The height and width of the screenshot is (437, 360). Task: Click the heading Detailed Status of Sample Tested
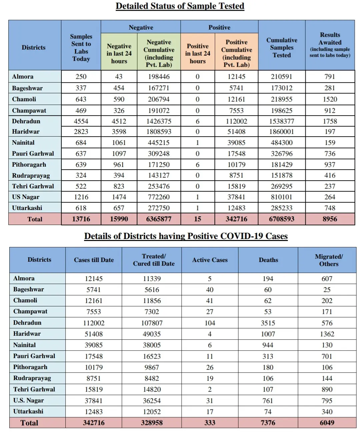coord(180,6)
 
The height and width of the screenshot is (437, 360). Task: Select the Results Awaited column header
coord(330,45)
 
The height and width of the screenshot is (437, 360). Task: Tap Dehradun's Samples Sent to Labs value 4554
coord(81,121)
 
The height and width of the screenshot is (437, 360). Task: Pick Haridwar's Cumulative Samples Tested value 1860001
coord(282,132)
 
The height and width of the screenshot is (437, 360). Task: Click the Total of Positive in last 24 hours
coord(198,219)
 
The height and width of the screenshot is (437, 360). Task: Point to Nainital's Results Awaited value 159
coord(330,143)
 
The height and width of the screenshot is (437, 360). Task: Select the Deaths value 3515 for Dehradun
coord(268,323)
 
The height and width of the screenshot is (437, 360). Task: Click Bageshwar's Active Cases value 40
coord(210,290)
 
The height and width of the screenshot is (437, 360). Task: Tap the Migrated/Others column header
coord(329,260)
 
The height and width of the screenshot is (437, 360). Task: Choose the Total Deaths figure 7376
coord(268,423)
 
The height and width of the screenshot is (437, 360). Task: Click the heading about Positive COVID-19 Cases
coord(186,236)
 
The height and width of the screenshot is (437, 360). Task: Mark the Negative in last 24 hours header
coord(119,53)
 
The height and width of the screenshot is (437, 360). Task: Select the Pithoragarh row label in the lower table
coord(30,367)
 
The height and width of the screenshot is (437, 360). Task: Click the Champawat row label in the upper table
coord(29,110)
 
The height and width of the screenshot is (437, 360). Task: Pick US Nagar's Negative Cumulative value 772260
coord(159,197)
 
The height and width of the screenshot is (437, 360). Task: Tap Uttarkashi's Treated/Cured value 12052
coord(152,412)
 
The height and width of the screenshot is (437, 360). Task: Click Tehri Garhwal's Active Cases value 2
coord(210,389)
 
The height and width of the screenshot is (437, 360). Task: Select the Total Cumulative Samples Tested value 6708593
coord(282,219)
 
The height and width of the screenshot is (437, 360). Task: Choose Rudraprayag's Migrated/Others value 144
coord(327,378)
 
